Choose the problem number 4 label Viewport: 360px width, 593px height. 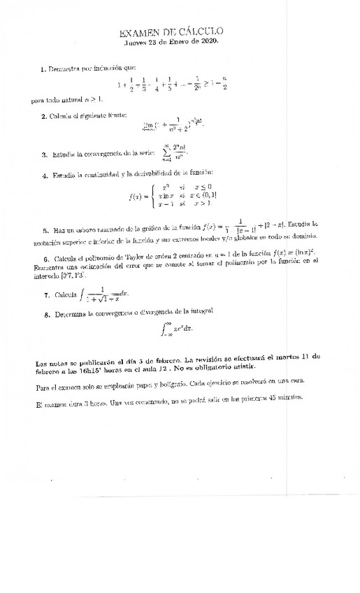pos(43,173)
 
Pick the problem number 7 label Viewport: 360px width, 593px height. pos(45,295)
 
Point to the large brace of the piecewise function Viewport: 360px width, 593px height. pos(152,196)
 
